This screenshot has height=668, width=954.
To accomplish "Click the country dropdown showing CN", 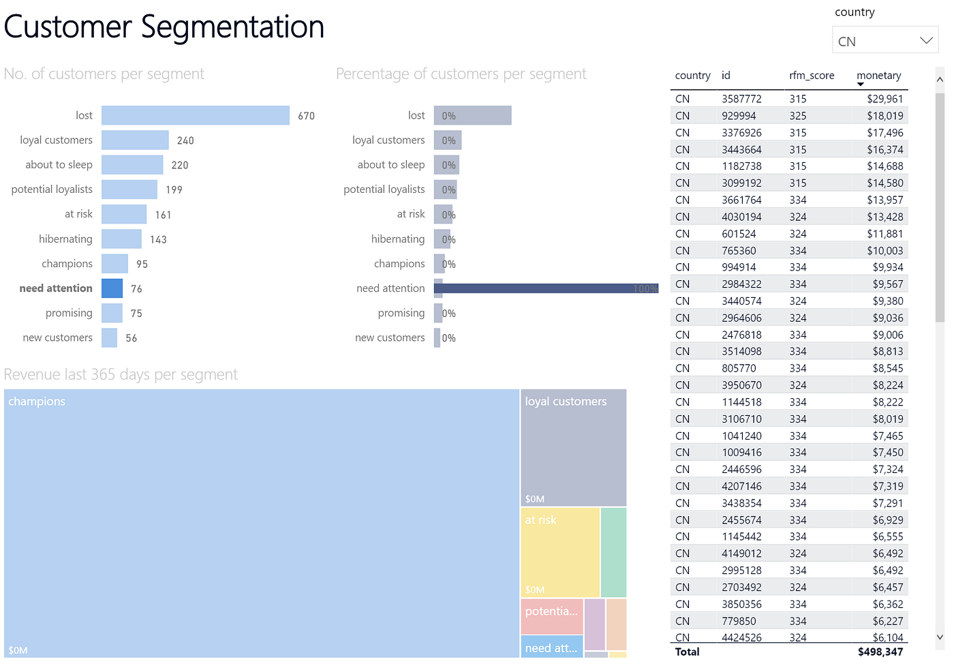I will (x=884, y=40).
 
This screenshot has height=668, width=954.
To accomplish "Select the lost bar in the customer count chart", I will (x=196, y=115).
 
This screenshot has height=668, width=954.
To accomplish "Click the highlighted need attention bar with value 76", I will (x=112, y=288).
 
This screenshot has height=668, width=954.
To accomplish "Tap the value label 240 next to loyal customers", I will (x=185, y=140).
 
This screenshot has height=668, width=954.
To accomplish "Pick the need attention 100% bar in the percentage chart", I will (x=545, y=288).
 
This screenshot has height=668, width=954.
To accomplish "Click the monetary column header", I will (x=878, y=76).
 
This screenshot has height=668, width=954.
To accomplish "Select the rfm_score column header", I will (x=812, y=76).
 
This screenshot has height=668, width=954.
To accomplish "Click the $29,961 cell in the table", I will (x=884, y=99).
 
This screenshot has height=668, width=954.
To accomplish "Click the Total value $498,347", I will (x=880, y=652).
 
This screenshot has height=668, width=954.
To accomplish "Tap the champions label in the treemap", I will (x=37, y=401).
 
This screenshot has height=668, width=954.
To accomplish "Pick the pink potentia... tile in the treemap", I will (x=551, y=615).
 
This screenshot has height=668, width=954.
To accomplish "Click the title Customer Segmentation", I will (x=164, y=27).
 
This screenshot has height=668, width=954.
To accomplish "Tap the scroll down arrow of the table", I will (x=940, y=637).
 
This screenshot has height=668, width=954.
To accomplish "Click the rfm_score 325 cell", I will (x=798, y=116).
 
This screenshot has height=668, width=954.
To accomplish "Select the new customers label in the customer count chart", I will (x=57, y=337).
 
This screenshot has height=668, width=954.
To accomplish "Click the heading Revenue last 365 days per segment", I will (x=121, y=374).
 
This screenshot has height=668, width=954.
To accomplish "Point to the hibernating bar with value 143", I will (x=121, y=239).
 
